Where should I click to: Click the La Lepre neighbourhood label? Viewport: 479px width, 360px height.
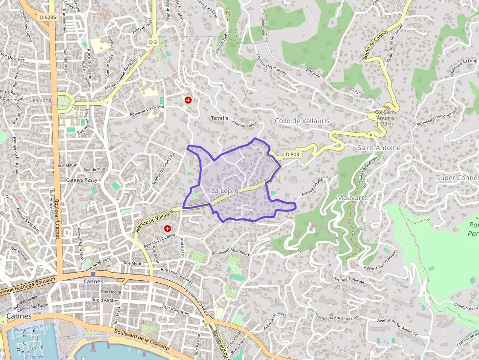pyautogui.click(x=225, y=190)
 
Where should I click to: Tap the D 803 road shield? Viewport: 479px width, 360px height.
pyautogui.click(x=292, y=154)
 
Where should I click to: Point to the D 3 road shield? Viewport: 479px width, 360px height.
pyautogui.click(x=153, y=42)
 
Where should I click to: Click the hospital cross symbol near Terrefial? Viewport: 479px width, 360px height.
pyautogui.click(x=188, y=100)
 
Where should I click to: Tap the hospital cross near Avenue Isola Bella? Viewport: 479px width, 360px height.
pyautogui.click(x=168, y=228)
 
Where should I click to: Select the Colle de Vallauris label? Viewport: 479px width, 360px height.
pyautogui.click(x=302, y=121)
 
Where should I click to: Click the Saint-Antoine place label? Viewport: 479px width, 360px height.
pyautogui.click(x=379, y=148)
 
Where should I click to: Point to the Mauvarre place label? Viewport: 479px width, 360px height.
pyautogui.click(x=352, y=198)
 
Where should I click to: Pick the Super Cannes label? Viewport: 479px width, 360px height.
pyautogui.click(x=457, y=177)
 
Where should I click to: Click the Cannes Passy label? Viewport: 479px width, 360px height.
pyautogui.click(x=82, y=180)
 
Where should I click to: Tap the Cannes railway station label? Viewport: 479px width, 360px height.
pyautogui.click(x=93, y=281)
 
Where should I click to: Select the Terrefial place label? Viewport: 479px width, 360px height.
pyautogui.click(x=220, y=118)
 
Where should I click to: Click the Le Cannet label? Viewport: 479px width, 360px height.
pyautogui.click(x=41, y=100)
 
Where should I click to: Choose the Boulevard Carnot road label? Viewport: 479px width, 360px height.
pyautogui.click(x=57, y=219)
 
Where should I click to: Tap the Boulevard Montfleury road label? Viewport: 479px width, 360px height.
pyautogui.click(x=231, y=253)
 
